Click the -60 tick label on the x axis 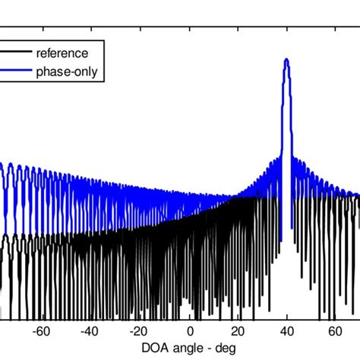coord(42,331)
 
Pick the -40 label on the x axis coord(90,331)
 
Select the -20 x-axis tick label coord(139,331)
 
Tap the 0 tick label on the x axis coord(190,331)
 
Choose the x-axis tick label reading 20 coord(238,331)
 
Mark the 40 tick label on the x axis coord(286,331)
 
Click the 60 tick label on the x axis coord(335,331)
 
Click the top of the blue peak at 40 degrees coord(286,60)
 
